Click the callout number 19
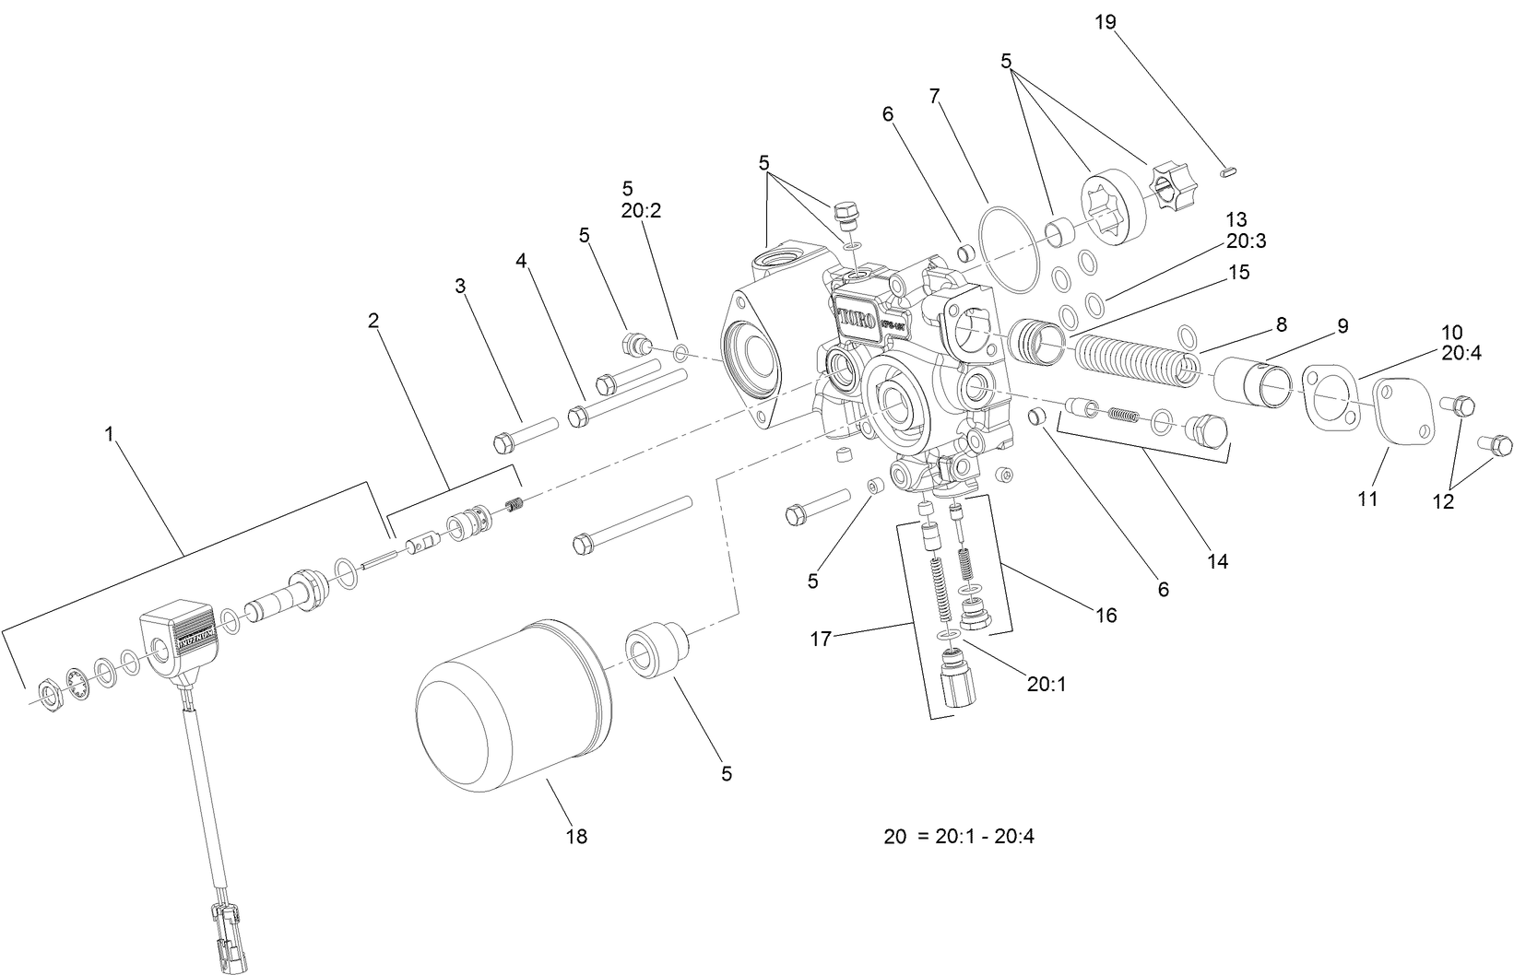(x=1105, y=22)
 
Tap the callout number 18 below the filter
(x=577, y=837)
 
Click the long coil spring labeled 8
(x=1139, y=356)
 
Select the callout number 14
(x=1217, y=560)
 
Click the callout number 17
(x=820, y=638)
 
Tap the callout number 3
(x=460, y=287)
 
